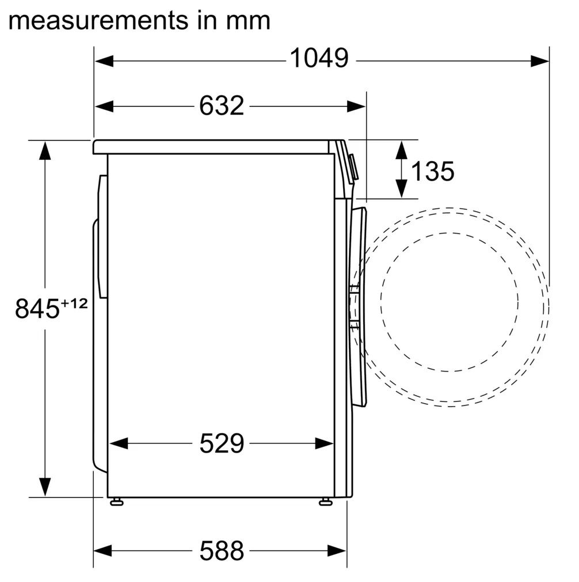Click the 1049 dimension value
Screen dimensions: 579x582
(319, 59)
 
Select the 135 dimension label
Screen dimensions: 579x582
(433, 171)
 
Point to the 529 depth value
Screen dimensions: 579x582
(222, 443)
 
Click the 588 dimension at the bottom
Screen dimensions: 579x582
(222, 550)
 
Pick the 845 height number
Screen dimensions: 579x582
(37, 308)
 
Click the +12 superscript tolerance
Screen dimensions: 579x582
(74, 304)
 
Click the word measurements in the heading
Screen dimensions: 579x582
(98, 21)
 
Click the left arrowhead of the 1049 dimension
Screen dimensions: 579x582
(104, 61)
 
